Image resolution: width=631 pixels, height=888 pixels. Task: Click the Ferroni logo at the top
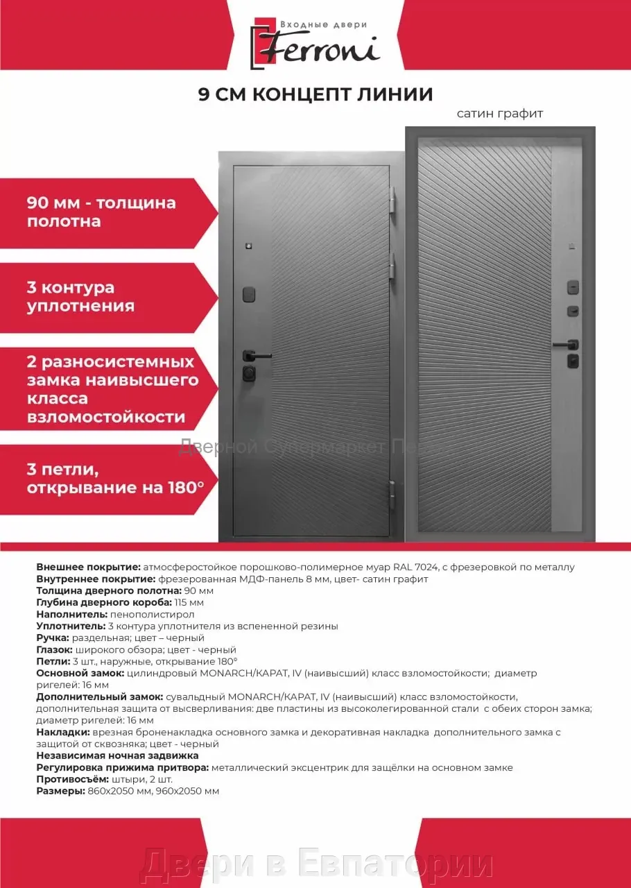(315, 43)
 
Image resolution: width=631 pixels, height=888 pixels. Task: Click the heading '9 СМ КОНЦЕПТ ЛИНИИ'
(315, 94)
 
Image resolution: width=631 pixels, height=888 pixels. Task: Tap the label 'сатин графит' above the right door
(499, 113)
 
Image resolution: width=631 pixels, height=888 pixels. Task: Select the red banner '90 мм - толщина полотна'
(104, 212)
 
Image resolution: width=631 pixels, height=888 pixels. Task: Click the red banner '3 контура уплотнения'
(104, 297)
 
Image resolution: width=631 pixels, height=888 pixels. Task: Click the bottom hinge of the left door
(392, 490)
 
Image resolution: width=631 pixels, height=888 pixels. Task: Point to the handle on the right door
(565, 343)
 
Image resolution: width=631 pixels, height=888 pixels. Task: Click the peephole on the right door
(571, 245)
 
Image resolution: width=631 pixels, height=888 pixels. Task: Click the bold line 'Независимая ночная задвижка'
(117, 755)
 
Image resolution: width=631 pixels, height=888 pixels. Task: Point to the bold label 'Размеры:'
(60, 791)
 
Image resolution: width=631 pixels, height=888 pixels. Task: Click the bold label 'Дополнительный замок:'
(99, 697)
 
